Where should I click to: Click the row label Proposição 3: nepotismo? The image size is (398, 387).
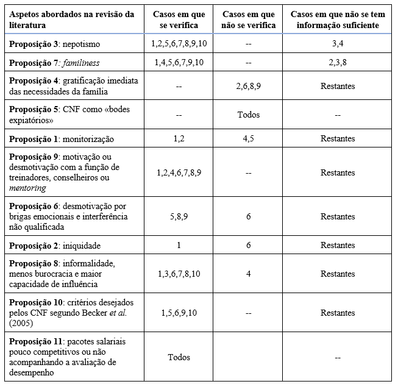[51, 45]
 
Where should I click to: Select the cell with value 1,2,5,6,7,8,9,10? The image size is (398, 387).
[179, 45]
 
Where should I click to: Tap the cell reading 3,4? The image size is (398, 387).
[337, 45]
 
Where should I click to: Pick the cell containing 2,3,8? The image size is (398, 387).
[337, 62]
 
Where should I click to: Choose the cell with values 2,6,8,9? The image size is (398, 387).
[248, 87]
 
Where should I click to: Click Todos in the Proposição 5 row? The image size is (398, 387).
[248, 114]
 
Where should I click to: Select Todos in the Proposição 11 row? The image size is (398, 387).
[179, 357]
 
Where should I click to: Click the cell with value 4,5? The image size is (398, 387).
[248, 139]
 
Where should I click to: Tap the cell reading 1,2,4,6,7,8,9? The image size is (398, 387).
[179, 172]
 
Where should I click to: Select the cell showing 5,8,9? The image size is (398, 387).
[179, 216]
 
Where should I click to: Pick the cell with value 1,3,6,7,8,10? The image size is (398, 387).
[179, 274]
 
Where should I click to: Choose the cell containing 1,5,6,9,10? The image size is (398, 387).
[179, 313]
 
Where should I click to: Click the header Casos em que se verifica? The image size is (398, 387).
[179, 20]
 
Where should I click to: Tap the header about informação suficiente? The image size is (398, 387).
[337, 20]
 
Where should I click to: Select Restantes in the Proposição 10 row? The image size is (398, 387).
[337, 313]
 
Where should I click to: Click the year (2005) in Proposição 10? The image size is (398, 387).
[22, 322]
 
